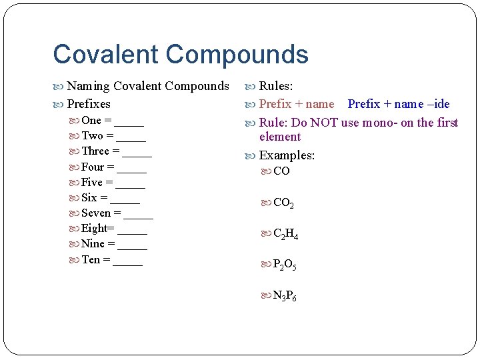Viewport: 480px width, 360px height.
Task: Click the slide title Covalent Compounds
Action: pyautogui.click(x=180, y=54)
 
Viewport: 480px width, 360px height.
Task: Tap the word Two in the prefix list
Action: pyautogui.click(x=92, y=136)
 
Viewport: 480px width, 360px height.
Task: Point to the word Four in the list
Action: pyautogui.click(x=93, y=167)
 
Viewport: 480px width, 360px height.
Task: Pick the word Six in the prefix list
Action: pyautogui.click(x=89, y=197)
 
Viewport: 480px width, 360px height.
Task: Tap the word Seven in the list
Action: pyautogui.click(x=96, y=213)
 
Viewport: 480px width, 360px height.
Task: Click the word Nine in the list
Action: pyautogui.click(x=93, y=243)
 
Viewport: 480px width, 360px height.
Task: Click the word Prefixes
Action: pyautogui.click(x=89, y=104)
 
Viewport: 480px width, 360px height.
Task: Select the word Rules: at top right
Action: pyautogui.click(x=276, y=86)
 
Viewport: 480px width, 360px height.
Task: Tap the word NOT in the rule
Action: pyautogui.click(x=324, y=123)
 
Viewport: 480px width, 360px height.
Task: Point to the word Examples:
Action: pyautogui.click(x=287, y=155)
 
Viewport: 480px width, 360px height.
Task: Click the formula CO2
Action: pyautogui.click(x=283, y=203)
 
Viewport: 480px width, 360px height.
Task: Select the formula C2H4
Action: pyautogui.click(x=286, y=235)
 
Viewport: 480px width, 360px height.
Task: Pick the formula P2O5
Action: pyautogui.click(x=285, y=266)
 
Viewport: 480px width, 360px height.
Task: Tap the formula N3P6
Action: pyautogui.click(x=285, y=296)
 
